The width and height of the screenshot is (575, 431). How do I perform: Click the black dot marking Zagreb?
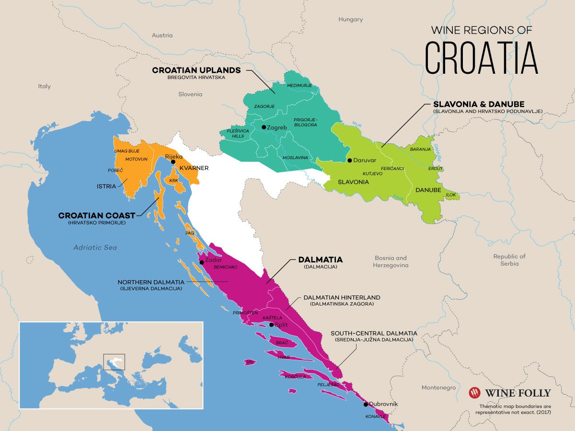click(x=264, y=127)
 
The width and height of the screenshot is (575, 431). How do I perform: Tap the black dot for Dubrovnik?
click(x=366, y=404)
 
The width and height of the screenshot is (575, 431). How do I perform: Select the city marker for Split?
click(x=272, y=325)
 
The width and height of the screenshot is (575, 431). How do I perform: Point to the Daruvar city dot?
click(x=350, y=160)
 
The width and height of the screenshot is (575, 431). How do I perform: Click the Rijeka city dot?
click(x=173, y=162)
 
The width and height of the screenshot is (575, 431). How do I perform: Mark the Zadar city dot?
click(x=202, y=262)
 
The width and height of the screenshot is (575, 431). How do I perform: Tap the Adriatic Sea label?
click(x=95, y=248)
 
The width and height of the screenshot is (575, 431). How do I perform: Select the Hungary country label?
click(x=350, y=20)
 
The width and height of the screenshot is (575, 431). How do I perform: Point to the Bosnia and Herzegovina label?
click(x=390, y=261)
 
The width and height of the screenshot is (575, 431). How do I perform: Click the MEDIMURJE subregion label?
click(x=299, y=85)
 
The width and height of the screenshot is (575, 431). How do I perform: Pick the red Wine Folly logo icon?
click(x=474, y=393)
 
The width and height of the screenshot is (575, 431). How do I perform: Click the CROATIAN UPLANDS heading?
click(x=196, y=70)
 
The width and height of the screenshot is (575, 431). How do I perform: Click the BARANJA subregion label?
click(x=420, y=149)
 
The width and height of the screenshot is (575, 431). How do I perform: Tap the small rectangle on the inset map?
click(x=114, y=362)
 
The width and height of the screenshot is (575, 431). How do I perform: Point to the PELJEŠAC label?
click(x=328, y=385)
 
